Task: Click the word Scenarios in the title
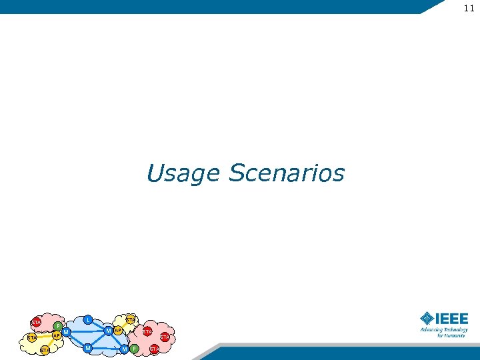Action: (x=287, y=173)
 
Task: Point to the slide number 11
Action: (x=469, y=8)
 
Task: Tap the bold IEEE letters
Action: (x=452, y=319)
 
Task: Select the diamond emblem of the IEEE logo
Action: (x=427, y=318)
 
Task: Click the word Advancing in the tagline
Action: (x=431, y=329)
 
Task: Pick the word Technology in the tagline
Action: (x=456, y=329)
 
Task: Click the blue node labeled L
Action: (x=87, y=320)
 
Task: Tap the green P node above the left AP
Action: (x=58, y=326)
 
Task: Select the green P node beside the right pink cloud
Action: (x=134, y=349)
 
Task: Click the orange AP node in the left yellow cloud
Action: (x=57, y=335)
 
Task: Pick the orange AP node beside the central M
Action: (x=117, y=331)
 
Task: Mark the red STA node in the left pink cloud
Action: (x=36, y=323)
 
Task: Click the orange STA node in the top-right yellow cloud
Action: (x=131, y=320)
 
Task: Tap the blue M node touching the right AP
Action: (x=108, y=331)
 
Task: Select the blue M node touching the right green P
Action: (x=125, y=349)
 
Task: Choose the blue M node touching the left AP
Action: (x=67, y=331)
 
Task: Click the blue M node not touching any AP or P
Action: (x=87, y=347)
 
